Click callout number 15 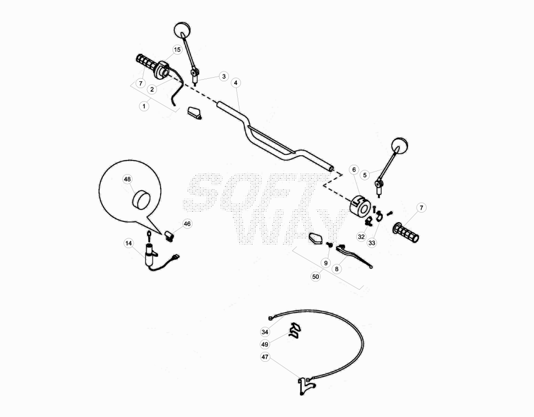(177, 50)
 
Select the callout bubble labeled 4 (236, 83)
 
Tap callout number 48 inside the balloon (127, 179)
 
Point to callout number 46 (187, 224)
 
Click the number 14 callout (128, 243)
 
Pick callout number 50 (315, 277)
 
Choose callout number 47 (265, 357)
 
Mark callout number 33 (371, 243)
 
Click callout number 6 (354, 169)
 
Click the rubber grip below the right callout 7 (406, 232)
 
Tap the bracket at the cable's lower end (305, 386)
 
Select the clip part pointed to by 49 (295, 331)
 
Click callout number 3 (224, 76)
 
